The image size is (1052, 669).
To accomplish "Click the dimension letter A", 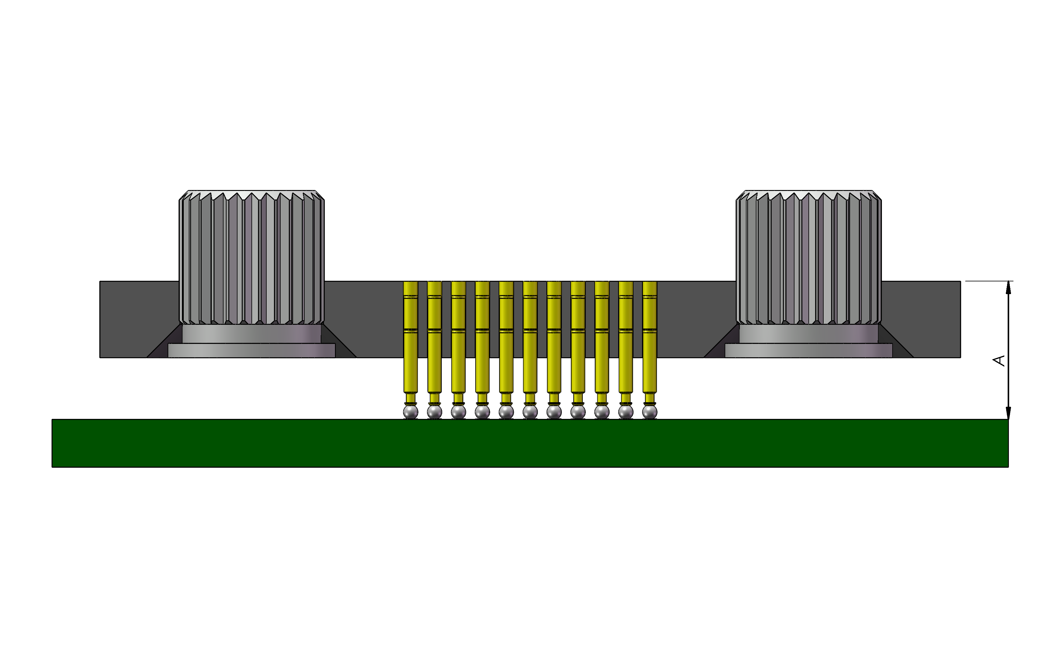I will tap(999, 360).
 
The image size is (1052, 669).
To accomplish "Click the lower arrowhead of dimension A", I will tap(1008, 413).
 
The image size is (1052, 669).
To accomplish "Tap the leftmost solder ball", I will tap(410, 411).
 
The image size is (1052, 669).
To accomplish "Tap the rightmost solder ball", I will tap(650, 411).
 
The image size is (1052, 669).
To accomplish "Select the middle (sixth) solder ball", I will tap(530, 411).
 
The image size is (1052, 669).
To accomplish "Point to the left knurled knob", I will tap(252, 258).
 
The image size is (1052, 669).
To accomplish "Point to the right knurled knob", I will tap(809, 258).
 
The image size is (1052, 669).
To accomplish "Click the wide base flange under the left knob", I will tap(252, 351).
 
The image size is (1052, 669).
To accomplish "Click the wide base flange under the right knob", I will tap(809, 351).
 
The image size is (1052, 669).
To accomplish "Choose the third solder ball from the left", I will tap(458, 411).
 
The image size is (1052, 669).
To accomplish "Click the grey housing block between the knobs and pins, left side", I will tap(363, 319).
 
